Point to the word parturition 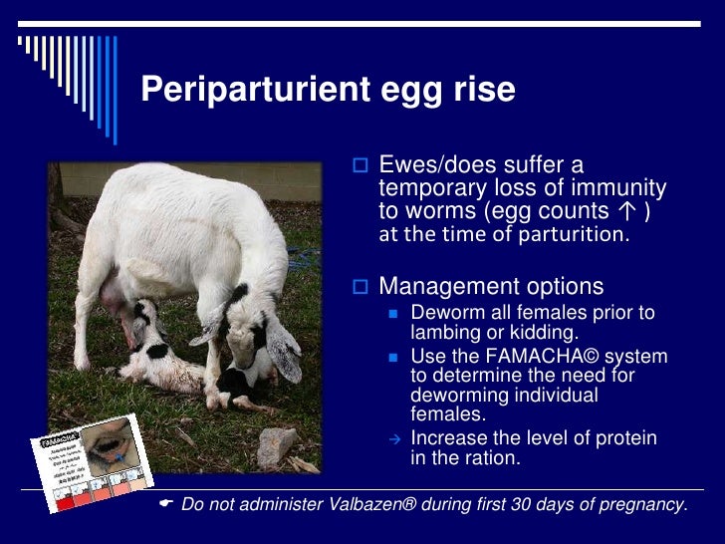[x=580, y=235]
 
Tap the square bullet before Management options [x=362, y=288]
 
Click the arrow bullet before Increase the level [x=393, y=439]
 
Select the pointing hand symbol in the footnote [x=166, y=504]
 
